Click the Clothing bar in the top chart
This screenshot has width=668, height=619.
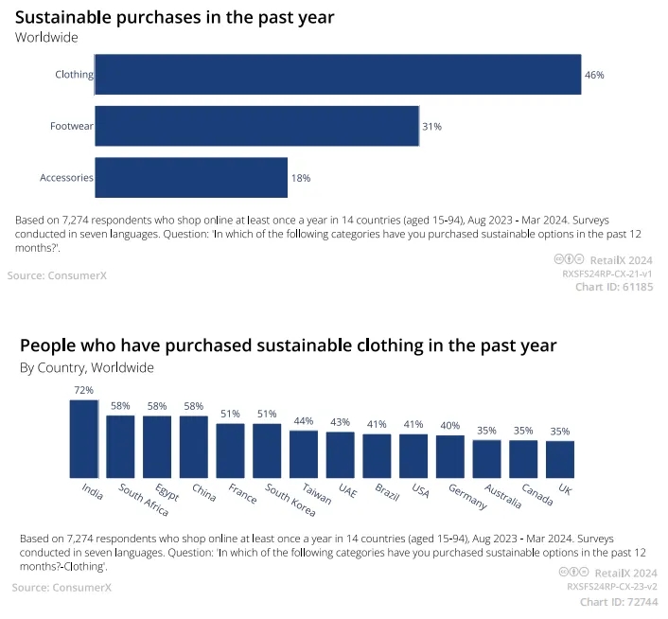coord(338,75)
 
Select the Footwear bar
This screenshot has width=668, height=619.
coord(256,126)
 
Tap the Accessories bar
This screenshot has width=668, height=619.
coord(191,178)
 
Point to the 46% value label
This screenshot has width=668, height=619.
coord(594,75)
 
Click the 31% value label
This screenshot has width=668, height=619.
coord(431,126)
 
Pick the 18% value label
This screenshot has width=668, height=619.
coord(301,178)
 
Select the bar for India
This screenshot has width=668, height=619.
coord(83,439)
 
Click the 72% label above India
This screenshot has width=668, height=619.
coord(83,390)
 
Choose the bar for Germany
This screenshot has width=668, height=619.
coord(450,456)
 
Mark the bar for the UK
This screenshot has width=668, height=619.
coord(560,459)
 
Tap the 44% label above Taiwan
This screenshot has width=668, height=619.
coord(304,421)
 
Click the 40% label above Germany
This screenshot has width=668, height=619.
coord(450,426)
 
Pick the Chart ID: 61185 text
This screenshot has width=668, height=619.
coord(613,288)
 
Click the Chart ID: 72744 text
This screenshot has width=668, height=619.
coord(617,602)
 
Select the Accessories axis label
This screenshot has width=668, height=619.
coord(66,178)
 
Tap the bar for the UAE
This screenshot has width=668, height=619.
coord(341,455)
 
